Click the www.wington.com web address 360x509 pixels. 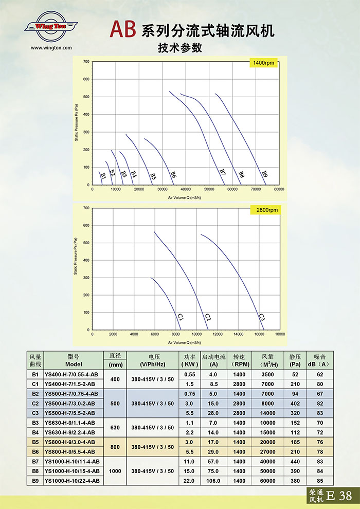51,48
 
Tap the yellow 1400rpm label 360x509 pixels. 264,63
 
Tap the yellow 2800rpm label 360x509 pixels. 264,210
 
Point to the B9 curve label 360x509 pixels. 264,174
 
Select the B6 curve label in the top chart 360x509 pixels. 173,174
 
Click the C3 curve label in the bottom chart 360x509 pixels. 261,317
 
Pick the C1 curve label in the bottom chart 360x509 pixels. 181,317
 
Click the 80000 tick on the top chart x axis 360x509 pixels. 279,190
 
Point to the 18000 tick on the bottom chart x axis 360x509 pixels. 280,335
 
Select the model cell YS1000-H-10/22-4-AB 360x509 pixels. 72,481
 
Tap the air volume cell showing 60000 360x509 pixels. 267,481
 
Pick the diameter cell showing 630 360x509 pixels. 115,428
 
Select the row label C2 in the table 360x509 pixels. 35,404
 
